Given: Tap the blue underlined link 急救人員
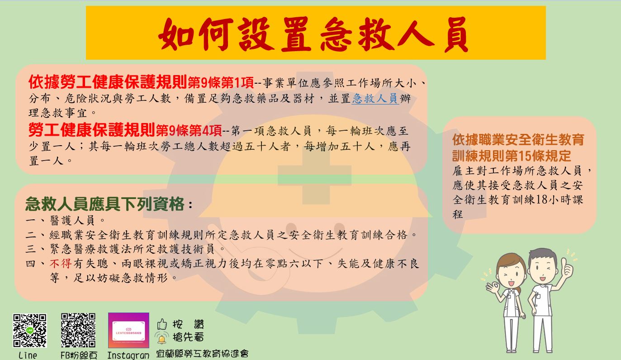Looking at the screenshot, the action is (x=375, y=99).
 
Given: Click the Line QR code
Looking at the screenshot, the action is (x=30, y=330).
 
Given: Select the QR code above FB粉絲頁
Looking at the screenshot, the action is (x=78, y=330).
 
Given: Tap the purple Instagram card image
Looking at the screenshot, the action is (x=128, y=330).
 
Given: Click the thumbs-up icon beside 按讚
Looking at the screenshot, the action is (x=162, y=324).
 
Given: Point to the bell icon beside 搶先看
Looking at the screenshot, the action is (x=162, y=338).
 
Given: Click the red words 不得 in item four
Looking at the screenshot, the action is (x=61, y=263).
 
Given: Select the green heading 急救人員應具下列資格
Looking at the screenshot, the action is (x=105, y=204).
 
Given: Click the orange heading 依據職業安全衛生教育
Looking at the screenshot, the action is (x=518, y=140).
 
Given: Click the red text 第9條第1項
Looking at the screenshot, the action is (x=221, y=83).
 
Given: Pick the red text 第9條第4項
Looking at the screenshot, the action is (x=189, y=131).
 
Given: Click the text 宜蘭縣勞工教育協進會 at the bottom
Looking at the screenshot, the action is (x=202, y=354).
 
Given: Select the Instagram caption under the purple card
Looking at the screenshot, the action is (x=128, y=355).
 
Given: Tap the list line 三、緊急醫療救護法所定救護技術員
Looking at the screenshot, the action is (x=125, y=249).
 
